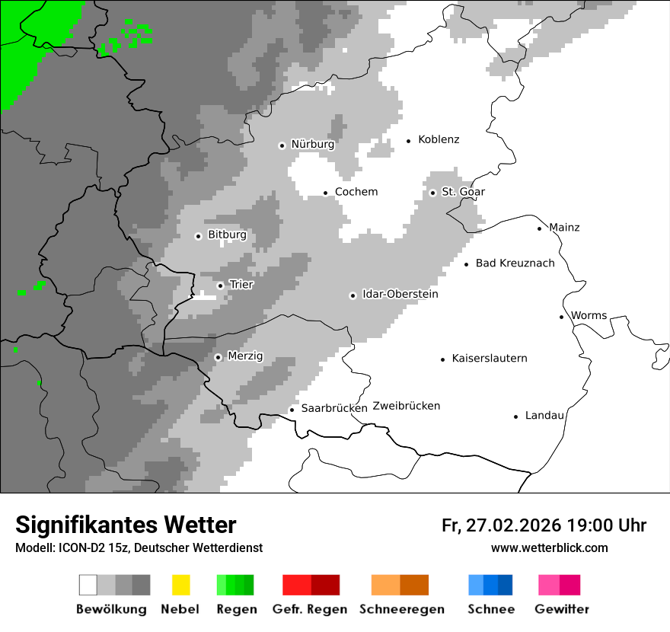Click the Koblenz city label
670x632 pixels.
pyautogui.click(x=439, y=139)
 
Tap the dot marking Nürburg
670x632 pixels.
pyautogui.click(x=282, y=145)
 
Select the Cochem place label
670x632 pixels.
pyautogui.click(x=356, y=192)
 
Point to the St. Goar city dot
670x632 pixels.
pyautogui.click(x=432, y=193)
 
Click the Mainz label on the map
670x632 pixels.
pyautogui.click(x=564, y=228)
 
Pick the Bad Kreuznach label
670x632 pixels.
pyautogui.click(x=515, y=263)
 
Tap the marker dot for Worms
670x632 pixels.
pyautogui.click(x=561, y=317)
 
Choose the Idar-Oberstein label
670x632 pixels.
pyautogui.click(x=400, y=295)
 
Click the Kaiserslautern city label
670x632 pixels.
pyautogui.click(x=489, y=359)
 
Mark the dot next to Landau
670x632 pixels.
pyautogui.click(x=515, y=417)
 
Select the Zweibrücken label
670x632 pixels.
pyautogui.click(x=407, y=406)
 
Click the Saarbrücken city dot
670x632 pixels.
pyautogui.click(x=292, y=410)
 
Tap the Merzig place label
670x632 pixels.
pyautogui.click(x=245, y=356)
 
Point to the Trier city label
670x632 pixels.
pyautogui.click(x=241, y=285)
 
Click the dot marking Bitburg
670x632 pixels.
pyautogui.click(x=198, y=236)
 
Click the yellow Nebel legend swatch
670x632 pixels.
pyautogui.click(x=180, y=585)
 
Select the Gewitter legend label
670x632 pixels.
pyautogui.click(x=562, y=609)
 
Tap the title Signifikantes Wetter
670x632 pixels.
pyautogui.click(x=126, y=525)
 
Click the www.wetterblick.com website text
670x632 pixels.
pyautogui.click(x=549, y=548)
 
